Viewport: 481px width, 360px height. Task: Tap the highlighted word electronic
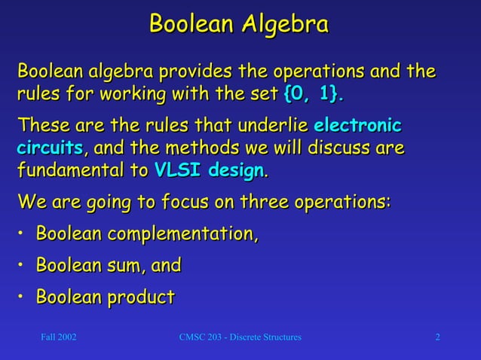point(357,124)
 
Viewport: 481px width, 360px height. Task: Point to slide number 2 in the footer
point(437,337)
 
